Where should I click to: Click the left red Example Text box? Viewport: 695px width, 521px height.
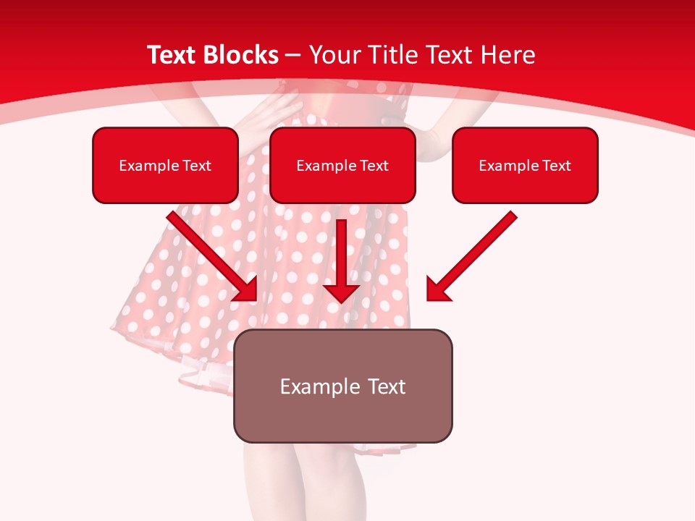[165, 165]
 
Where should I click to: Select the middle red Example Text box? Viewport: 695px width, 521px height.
[342, 165]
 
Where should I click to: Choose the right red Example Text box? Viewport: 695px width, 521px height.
[525, 165]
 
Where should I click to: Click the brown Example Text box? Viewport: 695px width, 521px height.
[342, 386]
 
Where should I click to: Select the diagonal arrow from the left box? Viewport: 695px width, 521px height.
[210, 253]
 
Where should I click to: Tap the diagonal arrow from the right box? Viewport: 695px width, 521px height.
[474, 253]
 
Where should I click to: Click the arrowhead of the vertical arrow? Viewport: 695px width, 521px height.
[341, 291]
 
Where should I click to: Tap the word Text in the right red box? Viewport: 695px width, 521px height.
[556, 166]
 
